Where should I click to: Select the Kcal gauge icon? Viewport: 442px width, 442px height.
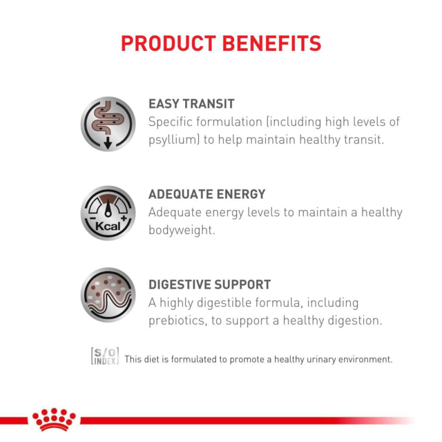(108, 213)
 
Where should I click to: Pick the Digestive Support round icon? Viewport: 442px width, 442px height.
(108, 295)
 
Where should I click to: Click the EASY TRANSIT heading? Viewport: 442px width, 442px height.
(191, 104)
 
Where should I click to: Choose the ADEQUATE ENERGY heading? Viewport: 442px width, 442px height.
(206, 194)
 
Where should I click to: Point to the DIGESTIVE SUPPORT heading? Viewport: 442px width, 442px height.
(209, 285)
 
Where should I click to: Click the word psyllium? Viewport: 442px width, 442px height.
(172, 140)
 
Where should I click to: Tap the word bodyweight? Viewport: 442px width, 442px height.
(182, 230)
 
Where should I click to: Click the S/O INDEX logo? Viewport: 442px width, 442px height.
(105, 355)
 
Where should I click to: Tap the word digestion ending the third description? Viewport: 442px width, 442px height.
(351, 320)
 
